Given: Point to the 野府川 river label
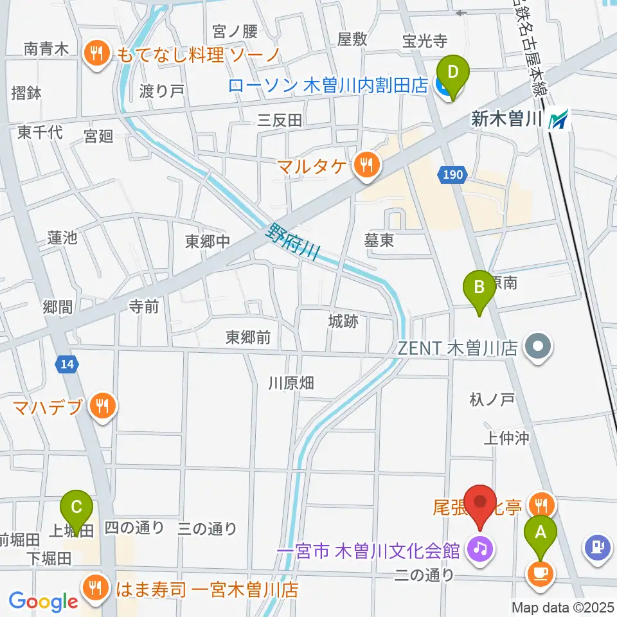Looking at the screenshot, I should pyautogui.click(x=294, y=241).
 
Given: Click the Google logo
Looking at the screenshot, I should pyautogui.click(x=44, y=602).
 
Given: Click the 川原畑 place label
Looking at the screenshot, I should pyautogui.click(x=291, y=384).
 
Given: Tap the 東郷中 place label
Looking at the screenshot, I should pyautogui.click(x=207, y=241).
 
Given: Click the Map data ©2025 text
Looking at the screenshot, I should pyautogui.click(x=563, y=607).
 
